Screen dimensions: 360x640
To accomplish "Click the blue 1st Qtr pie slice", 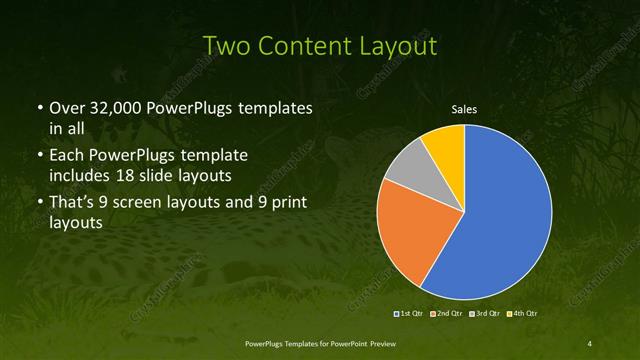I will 500,215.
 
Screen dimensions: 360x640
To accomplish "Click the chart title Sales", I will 465,109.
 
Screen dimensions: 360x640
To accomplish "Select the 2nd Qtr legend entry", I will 447,313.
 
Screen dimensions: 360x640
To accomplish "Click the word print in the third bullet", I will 285,204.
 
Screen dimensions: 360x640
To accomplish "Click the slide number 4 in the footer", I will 590,344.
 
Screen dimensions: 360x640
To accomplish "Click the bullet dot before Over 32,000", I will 38,108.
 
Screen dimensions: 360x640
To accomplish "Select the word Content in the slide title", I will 302,46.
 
